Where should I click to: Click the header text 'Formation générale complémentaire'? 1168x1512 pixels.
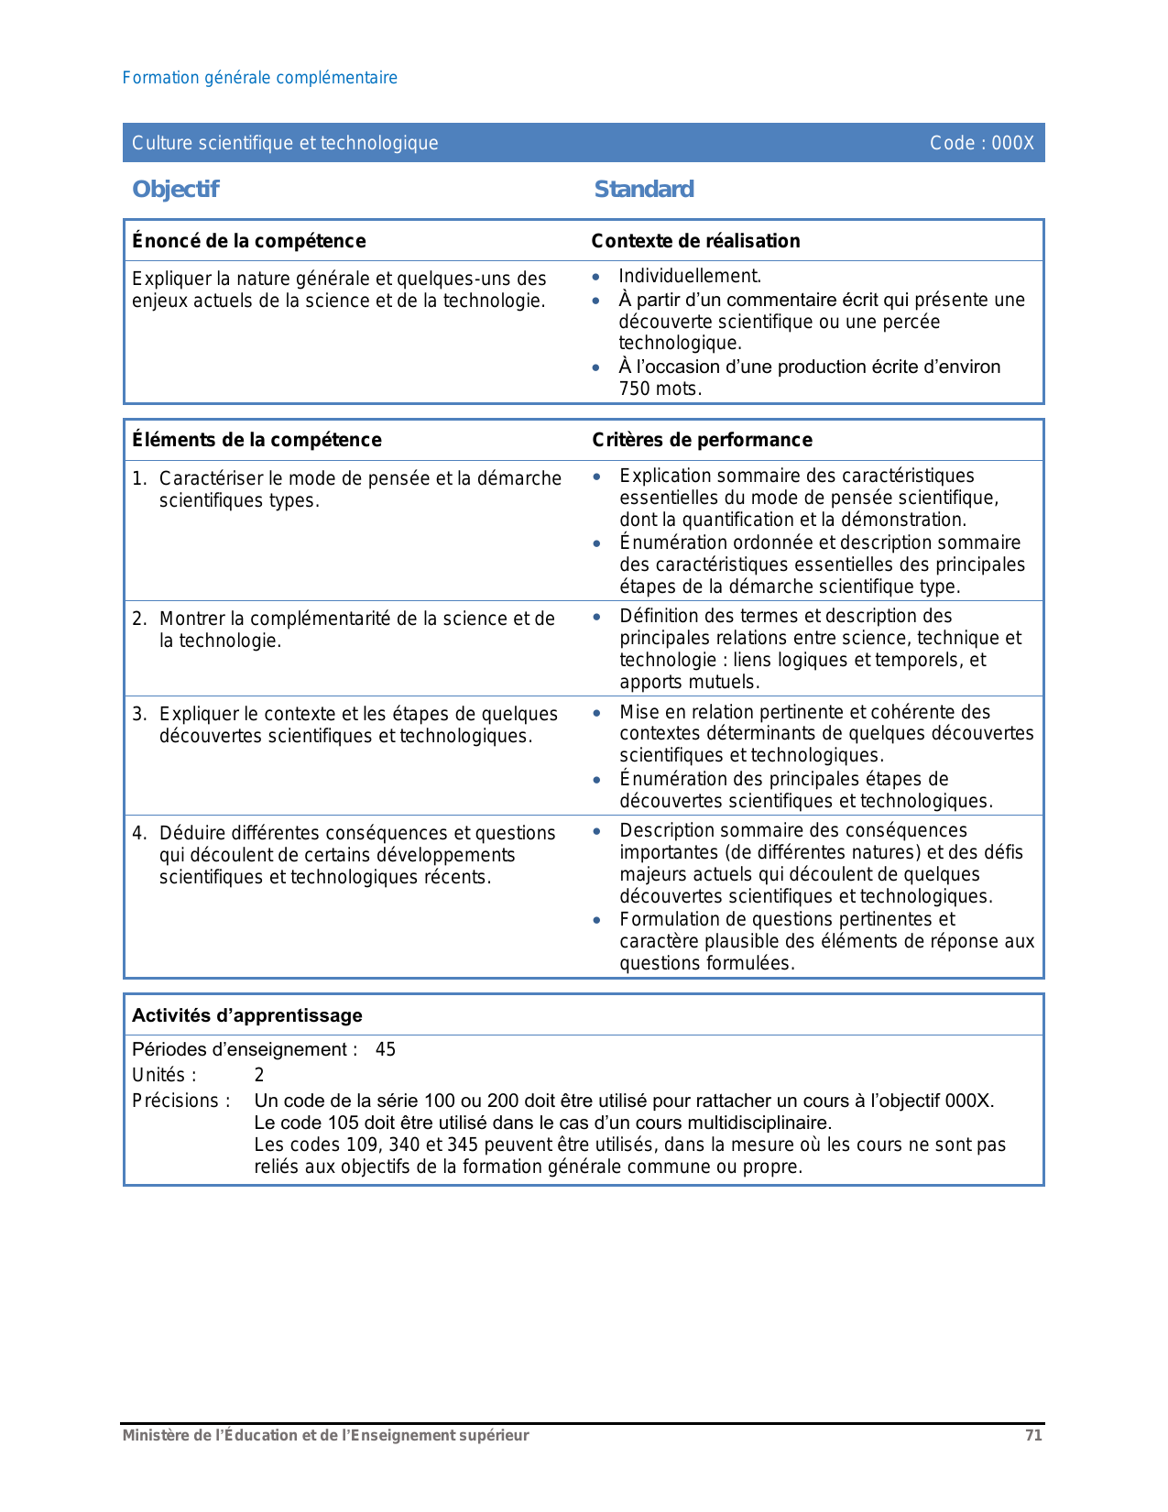pyautogui.click(x=259, y=78)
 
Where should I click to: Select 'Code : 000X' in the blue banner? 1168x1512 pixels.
pyautogui.click(x=981, y=143)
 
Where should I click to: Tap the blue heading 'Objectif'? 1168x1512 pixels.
pyautogui.click(x=175, y=189)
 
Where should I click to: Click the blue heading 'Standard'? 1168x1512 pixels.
pyautogui.click(x=643, y=189)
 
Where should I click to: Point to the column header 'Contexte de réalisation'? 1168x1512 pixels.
pyautogui.click(x=695, y=241)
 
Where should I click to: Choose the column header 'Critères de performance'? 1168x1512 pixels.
pyautogui.click(x=702, y=440)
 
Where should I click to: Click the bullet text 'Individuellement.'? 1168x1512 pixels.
pyautogui.click(x=690, y=276)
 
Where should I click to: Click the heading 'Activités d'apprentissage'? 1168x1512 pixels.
pyautogui.click(x=246, y=1015)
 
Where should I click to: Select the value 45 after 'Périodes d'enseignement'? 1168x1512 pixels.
pyautogui.click(x=386, y=1049)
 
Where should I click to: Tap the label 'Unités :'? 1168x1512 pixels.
pyautogui.click(x=164, y=1075)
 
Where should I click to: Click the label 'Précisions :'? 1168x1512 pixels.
pyautogui.click(x=180, y=1101)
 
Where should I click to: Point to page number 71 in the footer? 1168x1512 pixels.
pyautogui.click(x=1033, y=1436)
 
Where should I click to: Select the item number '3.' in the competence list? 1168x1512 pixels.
pyautogui.click(x=139, y=714)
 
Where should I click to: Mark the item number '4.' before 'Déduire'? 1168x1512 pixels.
pyautogui.click(x=139, y=833)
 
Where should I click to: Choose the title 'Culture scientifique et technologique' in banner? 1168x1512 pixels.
pyautogui.click(x=285, y=143)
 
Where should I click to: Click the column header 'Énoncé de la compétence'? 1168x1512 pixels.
pyautogui.click(x=248, y=241)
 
